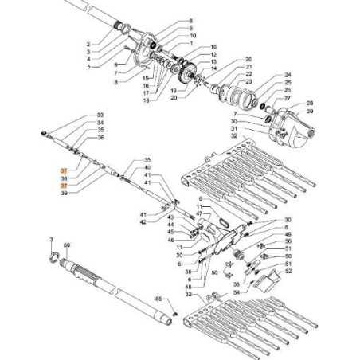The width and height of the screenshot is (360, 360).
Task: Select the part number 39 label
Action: click(64, 193)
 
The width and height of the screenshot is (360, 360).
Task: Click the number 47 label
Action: click(199, 215)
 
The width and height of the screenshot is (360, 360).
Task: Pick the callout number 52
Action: click(288, 272)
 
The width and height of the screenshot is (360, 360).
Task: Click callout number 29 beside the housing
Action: click(310, 112)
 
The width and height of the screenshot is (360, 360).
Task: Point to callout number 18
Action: click(146, 100)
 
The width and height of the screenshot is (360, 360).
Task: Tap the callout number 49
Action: click(288, 234)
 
